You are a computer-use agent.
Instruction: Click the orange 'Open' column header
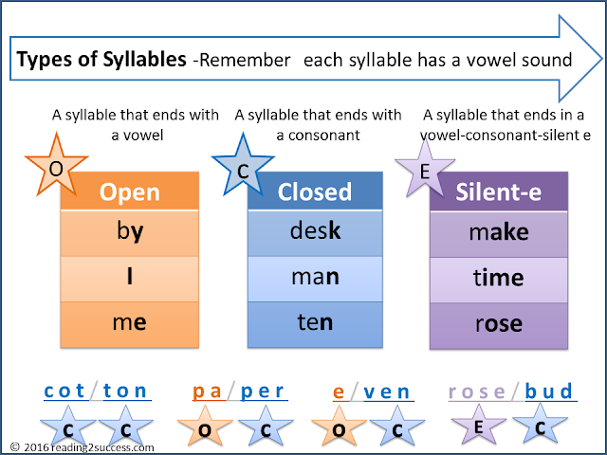pos(129,192)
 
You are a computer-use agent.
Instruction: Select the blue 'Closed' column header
pos(314,192)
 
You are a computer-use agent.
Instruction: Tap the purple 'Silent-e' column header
pos(499,192)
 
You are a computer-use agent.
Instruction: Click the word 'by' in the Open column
pos(129,232)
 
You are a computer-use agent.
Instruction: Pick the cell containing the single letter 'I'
pos(129,278)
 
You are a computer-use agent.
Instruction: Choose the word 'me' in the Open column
pos(129,323)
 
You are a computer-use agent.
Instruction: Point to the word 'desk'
pos(314,232)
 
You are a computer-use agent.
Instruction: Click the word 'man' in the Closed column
pos(314,278)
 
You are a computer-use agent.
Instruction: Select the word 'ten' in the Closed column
pos(314,323)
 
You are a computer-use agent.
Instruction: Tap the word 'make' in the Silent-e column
pos(499,232)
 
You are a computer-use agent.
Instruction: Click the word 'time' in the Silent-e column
pos(499,278)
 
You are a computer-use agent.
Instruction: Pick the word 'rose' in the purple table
pos(499,323)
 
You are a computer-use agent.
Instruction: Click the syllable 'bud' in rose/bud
pos(549,391)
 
